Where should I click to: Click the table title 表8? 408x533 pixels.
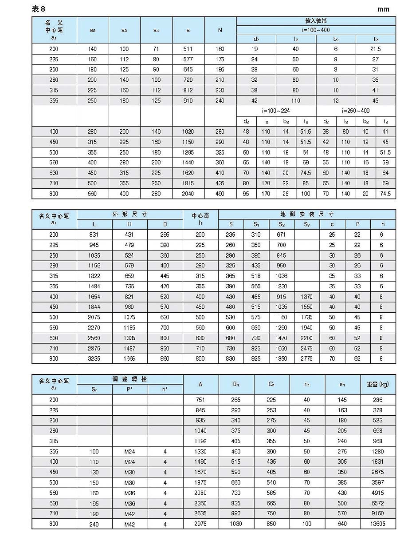click(39, 9)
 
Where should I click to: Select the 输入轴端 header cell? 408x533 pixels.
click(316, 21)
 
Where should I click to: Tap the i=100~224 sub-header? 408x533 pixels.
click(276, 111)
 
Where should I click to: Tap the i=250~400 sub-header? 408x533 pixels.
click(356, 111)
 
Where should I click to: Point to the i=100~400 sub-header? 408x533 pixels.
click(316, 30)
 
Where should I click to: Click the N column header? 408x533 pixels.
click(220, 30)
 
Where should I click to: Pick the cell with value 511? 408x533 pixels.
click(188, 49)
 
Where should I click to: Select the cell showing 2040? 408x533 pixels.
click(188, 194)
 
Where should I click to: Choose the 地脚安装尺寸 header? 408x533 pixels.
click(307, 214)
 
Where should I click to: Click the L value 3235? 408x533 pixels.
click(94, 358)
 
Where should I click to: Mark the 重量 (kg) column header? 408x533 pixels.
click(378, 384)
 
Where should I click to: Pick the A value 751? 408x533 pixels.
click(201, 400)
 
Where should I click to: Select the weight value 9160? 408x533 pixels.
click(378, 513)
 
